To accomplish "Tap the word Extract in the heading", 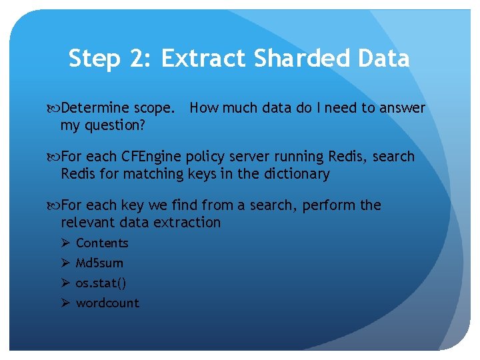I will tap(203, 59).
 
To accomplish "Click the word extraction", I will tap(188, 223).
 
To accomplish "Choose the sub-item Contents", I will tap(102, 243).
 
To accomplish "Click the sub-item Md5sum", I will tap(99, 263).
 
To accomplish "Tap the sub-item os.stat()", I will tap(101, 283).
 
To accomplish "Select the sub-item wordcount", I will tap(107, 303).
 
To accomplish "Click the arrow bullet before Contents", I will tap(65, 243).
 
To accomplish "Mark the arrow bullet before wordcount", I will tap(65, 303).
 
